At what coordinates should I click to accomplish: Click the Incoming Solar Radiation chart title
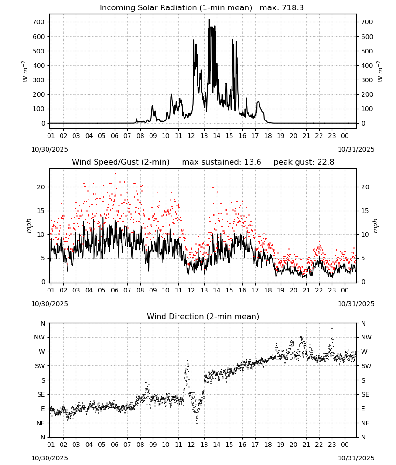(176, 8)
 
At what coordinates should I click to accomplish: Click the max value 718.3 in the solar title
(293, 8)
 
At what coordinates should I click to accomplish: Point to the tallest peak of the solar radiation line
(209, 19)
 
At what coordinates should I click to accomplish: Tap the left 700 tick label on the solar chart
(39, 22)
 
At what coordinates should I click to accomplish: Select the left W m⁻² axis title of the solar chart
(25, 72)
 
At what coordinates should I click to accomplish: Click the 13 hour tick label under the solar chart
(204, 136)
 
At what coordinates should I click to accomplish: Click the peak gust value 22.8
(323, 162)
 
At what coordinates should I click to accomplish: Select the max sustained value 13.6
(253, 162)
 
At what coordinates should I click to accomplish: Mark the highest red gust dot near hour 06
(115, 174)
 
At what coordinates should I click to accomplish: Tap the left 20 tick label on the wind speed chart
(41, 187)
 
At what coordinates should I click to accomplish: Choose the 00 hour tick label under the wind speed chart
(345, 290)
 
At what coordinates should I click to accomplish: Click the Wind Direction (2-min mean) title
(203, 316)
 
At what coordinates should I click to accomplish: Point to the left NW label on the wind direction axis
(40, 337)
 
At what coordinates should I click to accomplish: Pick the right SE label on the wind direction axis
(365, 394)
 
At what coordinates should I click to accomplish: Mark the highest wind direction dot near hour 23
(332, 328)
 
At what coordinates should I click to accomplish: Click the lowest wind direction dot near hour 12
(197, 423)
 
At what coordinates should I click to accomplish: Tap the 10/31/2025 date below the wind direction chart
(356, 458)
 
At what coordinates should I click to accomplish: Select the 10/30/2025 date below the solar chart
(49, 149)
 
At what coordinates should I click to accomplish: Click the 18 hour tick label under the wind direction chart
(268, 445)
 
